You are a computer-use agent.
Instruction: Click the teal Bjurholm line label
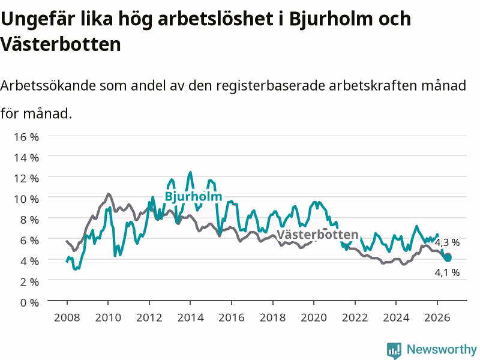[x=193, y=197]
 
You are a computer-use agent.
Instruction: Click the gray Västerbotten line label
[x=317, y=235]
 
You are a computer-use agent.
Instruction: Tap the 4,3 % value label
[x=447, y=242]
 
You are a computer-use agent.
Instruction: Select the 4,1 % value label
[x=447, y=272]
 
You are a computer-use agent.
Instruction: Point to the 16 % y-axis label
[x=26, y=137]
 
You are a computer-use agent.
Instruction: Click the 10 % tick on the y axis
[x=26, y=199]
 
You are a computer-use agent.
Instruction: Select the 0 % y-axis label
[x=29, y=302]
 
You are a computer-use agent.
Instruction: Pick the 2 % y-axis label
[x=29, y=281]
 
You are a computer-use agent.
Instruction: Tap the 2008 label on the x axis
[x=67, y=317]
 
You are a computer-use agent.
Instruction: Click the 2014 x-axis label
[x=190, y=317]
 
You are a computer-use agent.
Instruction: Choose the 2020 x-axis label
[x=314, y=317]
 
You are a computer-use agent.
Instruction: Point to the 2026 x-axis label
[x=437, y=317]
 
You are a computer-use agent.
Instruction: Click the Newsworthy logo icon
[x=394, y=350]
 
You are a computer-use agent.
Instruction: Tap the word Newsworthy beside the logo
[x=442, y=349]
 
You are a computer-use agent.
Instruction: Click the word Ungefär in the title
[x=38, y=19]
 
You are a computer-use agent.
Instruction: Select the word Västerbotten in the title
[x=61, y=44]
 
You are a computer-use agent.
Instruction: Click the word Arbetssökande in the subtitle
[x=49, y=85]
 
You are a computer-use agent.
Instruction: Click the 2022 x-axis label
[x=355, y=317]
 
